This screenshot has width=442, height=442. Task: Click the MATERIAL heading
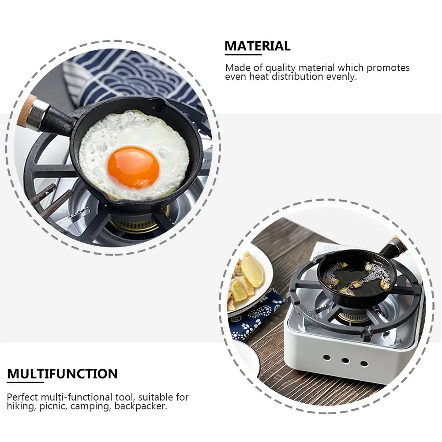257,46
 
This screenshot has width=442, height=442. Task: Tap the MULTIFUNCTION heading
62,374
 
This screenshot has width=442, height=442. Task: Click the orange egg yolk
133,167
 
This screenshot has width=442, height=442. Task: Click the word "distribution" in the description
296,76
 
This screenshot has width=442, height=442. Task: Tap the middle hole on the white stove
345,360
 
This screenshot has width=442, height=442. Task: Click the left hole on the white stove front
326,357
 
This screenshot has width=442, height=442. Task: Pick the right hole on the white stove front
364,363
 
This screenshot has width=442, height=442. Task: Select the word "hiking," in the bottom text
20,406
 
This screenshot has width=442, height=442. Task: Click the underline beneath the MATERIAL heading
243,55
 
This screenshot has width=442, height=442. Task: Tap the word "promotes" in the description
388,68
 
